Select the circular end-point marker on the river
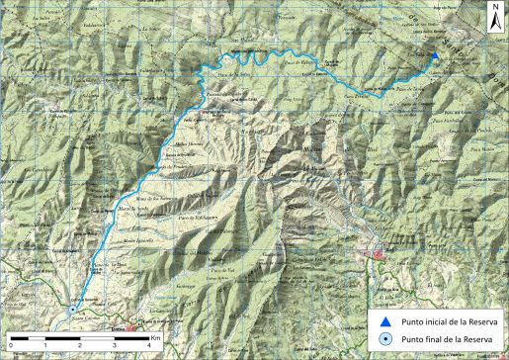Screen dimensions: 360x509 pos(72,309)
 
